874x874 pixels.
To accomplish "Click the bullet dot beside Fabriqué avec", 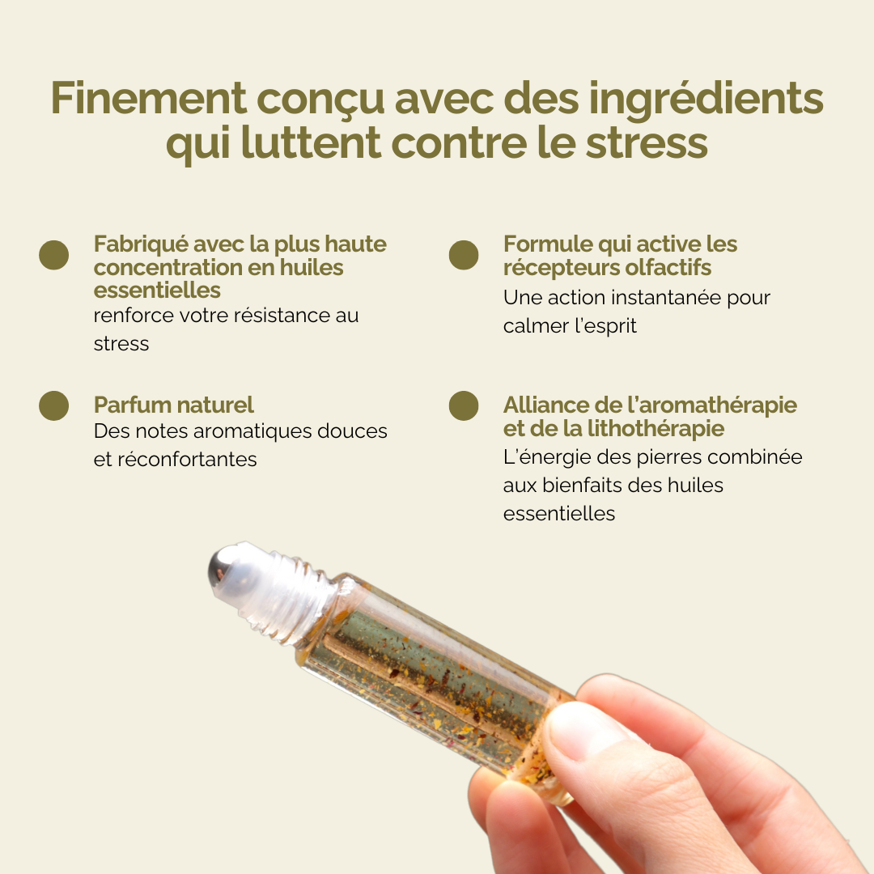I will pyautogui.click(x=54, y=255).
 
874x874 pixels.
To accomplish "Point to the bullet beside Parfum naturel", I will pyautogui.click(x=54, y=405).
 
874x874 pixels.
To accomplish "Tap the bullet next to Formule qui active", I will pyautogui.click(x=464, y=255).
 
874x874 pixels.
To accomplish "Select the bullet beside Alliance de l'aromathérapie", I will pyautogui.click(x=464, y=405).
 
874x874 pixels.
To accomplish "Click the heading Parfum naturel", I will pyautogui.click(x=173, y=405).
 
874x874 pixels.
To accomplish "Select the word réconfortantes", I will pyautogui.click(x=187, y=460).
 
